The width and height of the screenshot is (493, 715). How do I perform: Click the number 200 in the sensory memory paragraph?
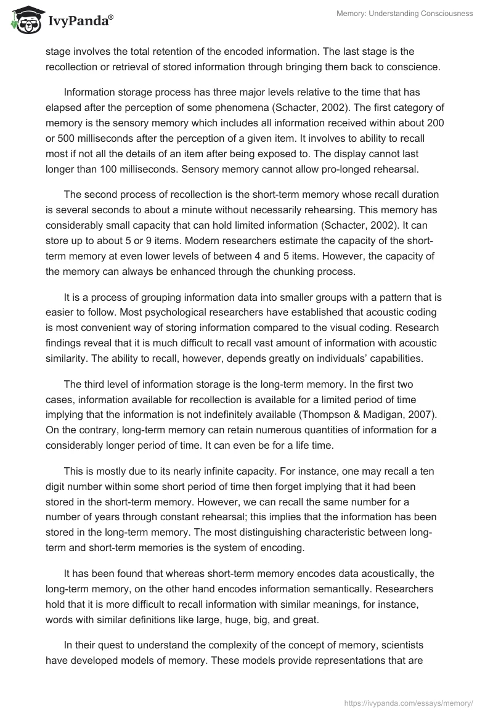pyautogui.click(x=435, y=123)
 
